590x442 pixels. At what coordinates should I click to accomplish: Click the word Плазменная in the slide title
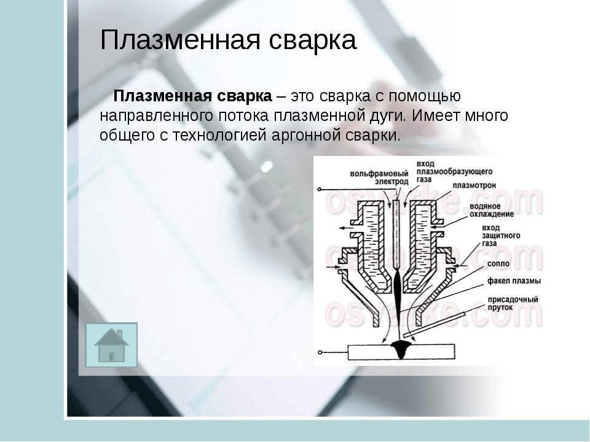pos(180,40)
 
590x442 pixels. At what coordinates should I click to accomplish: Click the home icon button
pos(111,344)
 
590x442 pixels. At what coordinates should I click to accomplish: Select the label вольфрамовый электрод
pos(379,178)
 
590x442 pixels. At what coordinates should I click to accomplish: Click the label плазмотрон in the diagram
pos(474,185)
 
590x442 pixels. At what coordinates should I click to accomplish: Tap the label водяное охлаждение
pos(492,210)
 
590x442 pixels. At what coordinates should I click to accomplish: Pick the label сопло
pos(498,264)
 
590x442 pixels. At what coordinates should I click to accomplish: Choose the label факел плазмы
pos(514,281)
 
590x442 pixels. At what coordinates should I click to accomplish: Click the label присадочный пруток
pos(513,303)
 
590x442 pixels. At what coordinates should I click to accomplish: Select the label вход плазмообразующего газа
pos(455,172)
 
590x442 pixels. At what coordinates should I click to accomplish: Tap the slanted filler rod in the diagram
pos(435,324)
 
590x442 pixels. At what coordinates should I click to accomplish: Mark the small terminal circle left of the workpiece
pos(320,352)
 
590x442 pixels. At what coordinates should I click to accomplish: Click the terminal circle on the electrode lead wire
pos(319,190)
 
